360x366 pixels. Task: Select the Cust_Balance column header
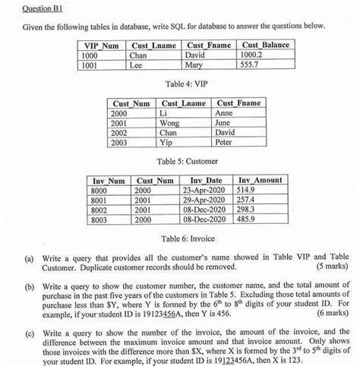[x=265, y=46]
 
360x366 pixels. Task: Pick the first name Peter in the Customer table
[x=224, y=141]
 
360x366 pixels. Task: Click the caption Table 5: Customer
[x=181, y=161]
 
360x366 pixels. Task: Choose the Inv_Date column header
[x=203, y=180]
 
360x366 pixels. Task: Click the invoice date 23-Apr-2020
[x=204, y=190]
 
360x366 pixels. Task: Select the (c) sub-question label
[x=29, y=331]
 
